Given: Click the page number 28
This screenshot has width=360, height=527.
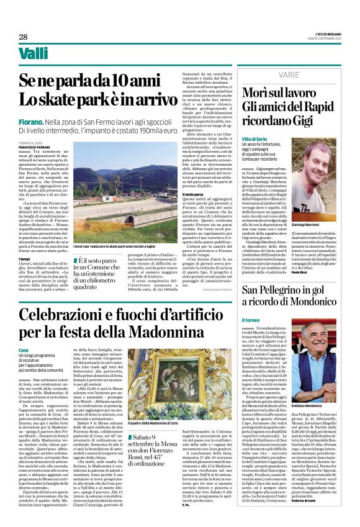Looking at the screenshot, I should (23, 37).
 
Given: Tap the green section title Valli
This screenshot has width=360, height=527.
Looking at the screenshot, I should (34, 54).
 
